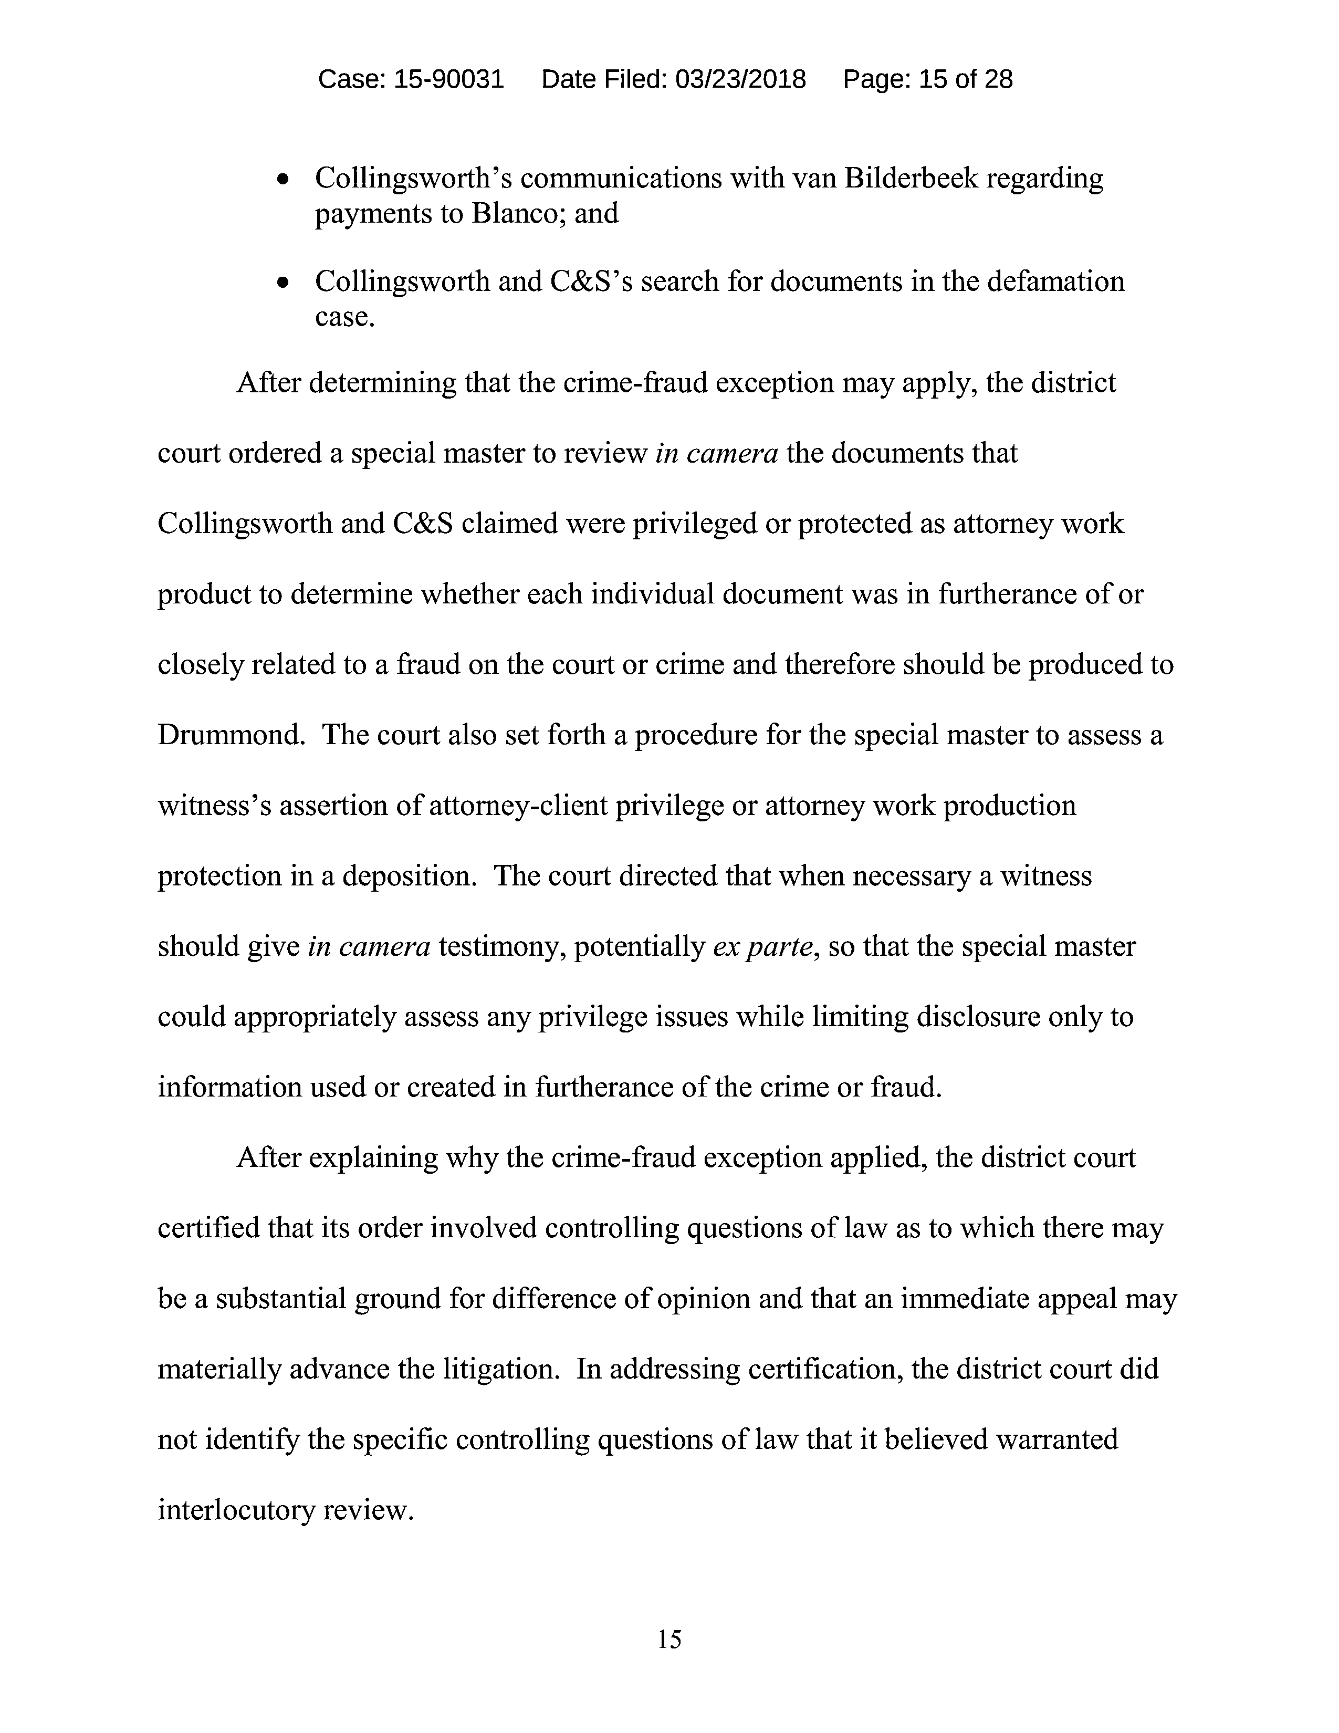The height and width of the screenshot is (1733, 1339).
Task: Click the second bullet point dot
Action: pyautogui.click(x=283, y=283)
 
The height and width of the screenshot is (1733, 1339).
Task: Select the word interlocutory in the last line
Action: pyautogui.click(x=236, y=1509)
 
